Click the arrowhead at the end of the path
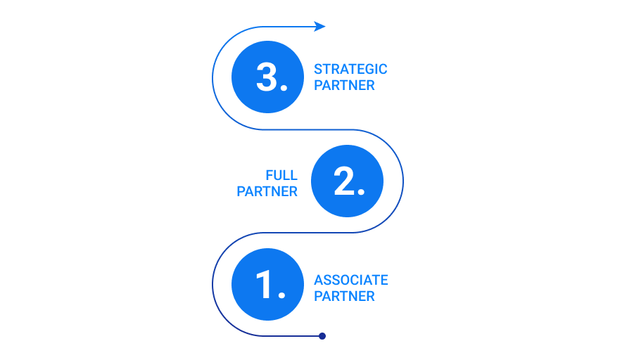(320, 27)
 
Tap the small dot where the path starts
(322, 336)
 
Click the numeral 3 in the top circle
(267, 77)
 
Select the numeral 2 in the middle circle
(345, 181)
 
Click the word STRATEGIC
(350, 69)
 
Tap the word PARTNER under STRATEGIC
(344, 85)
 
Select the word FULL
(281, 175)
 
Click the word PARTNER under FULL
(267, 191)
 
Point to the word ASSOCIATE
(351, 280)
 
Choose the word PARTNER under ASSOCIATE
(344, 296)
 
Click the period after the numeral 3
(284, 88)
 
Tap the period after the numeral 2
(362, 192)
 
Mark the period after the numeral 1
(281, 295)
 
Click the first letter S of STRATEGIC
(318, 69)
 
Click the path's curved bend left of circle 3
(213, 77)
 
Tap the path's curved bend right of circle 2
(403, 181)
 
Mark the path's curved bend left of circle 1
(213, 285)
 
